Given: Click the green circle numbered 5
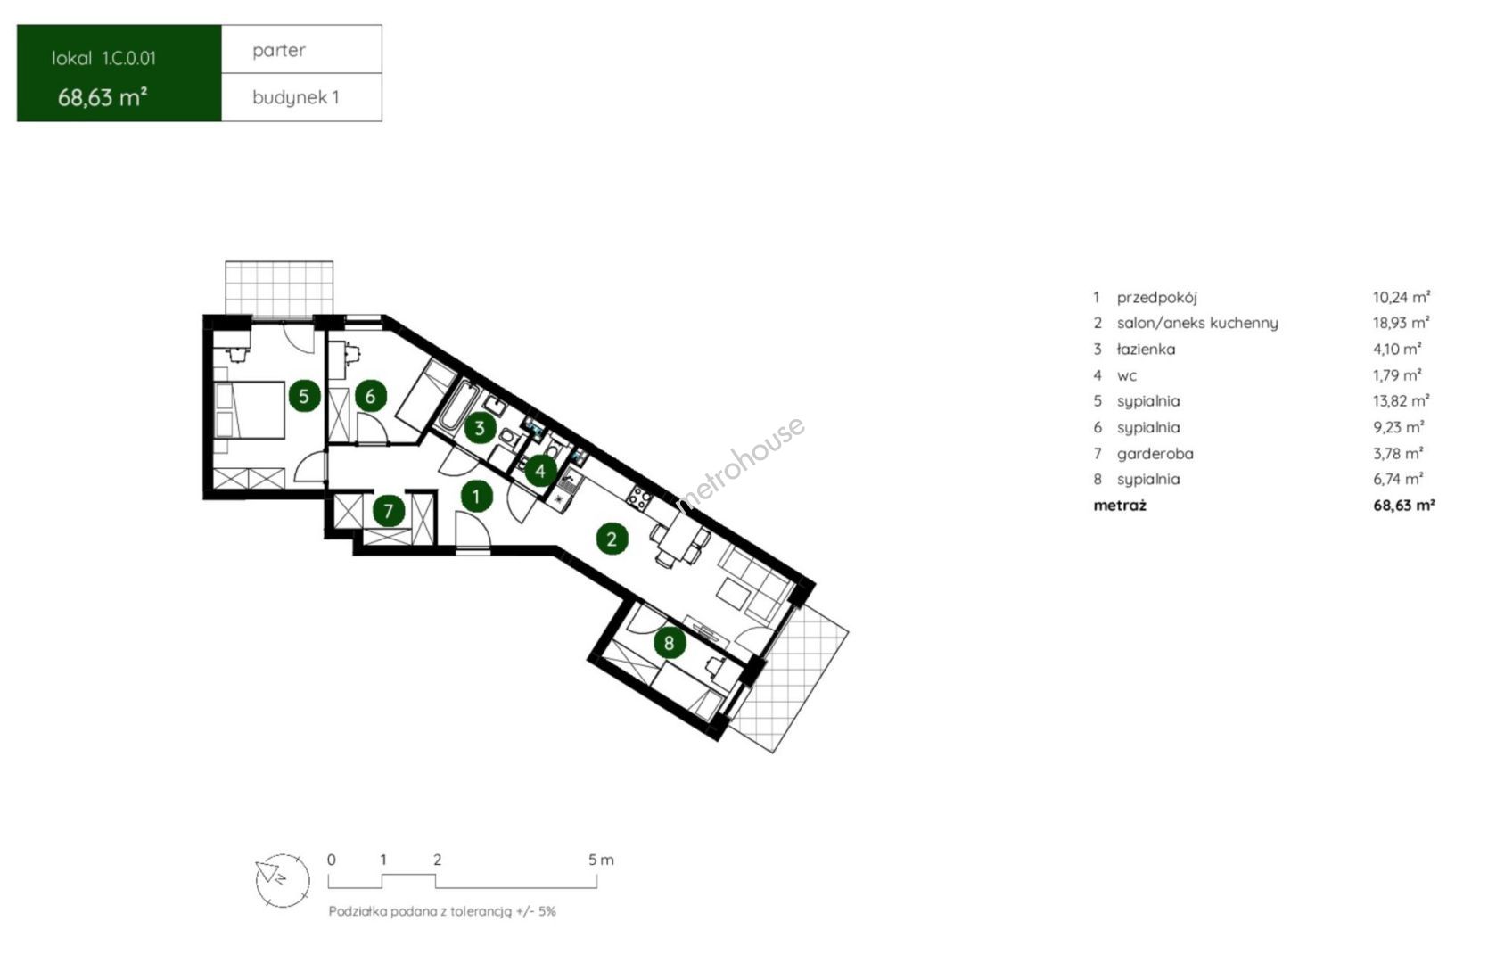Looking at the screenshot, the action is (x=304, y=397).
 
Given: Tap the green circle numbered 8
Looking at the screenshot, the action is (x=669, y=643).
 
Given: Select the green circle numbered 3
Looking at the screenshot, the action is (x=481, y=428).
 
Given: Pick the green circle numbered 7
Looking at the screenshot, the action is (x=389, y=511).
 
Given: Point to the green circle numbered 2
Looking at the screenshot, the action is (x=612, y=539).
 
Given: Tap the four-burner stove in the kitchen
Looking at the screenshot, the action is (x=640, y=498).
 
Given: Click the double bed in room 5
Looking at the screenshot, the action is (x=250, y=410).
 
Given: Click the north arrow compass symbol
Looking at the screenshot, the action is (x=283, y=880).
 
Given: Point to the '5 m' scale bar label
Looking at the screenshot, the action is (x=601, y=860).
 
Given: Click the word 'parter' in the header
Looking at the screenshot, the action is (x=279, y=51).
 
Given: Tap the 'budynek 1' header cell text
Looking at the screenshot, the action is (x=296, y=98).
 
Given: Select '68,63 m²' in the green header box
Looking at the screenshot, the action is (x=103, y=98).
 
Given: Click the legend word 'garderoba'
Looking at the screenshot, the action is (x=1155, y=454).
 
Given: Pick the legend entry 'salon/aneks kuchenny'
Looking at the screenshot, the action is (x=1197, y=323).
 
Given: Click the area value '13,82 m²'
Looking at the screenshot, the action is (x=1401, y=400).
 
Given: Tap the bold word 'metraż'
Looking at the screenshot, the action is (x=1120, y=505).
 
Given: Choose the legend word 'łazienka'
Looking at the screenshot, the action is (x=1146, y=349).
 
